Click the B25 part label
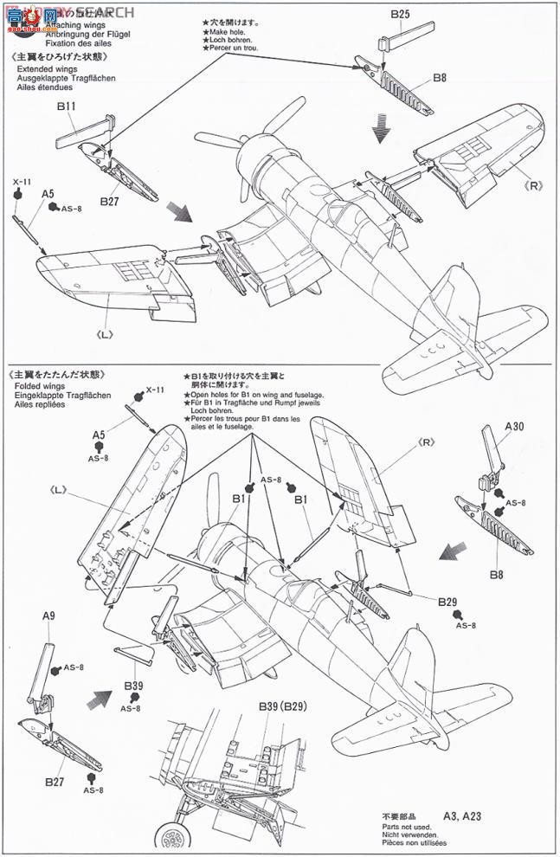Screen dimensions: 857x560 pos(400,14)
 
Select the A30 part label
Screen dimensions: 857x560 pos(513,425)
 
